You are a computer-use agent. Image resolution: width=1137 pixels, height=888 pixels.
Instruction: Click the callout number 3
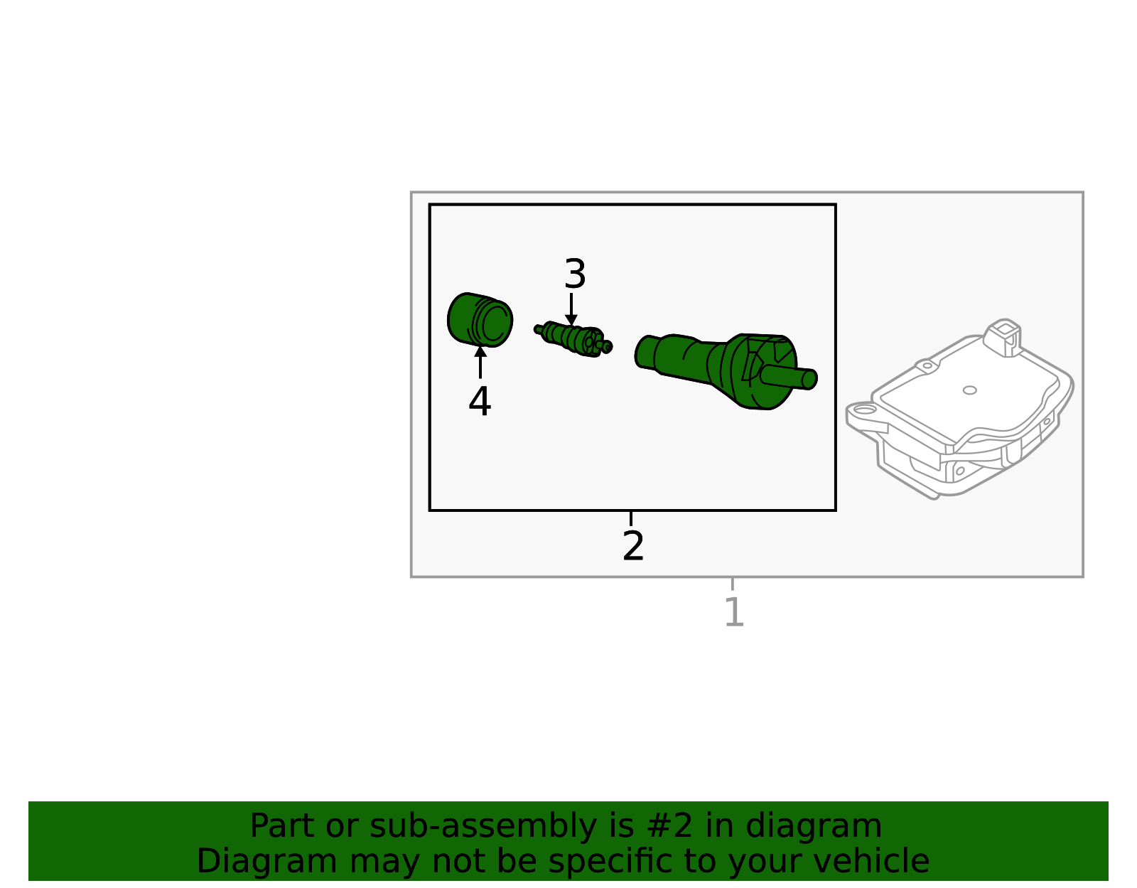point(574,274)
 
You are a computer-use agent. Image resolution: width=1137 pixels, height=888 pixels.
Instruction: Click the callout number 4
point(480,402)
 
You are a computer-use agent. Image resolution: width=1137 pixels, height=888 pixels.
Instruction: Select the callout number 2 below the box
point(632,546)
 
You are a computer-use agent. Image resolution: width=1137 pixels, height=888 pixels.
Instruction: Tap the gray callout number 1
point(733,612)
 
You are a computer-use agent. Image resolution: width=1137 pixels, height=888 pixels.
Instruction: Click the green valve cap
point(480,320)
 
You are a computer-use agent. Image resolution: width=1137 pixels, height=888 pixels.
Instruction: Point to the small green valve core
point(573,338)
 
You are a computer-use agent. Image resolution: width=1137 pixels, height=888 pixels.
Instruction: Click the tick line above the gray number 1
point(733,584)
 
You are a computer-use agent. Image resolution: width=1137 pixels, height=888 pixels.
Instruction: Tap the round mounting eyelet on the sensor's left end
point(863,410)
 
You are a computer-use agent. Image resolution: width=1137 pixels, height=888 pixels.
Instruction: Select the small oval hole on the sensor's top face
point(969,390)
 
